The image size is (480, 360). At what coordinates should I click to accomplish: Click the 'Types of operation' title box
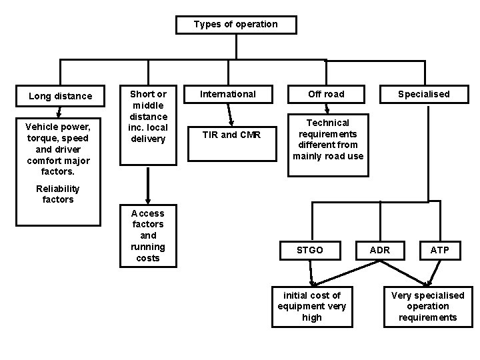[235, 25]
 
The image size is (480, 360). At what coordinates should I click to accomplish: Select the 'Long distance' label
[61, 96]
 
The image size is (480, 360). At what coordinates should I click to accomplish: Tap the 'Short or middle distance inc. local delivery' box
[148, 117]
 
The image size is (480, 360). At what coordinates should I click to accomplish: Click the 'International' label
[229, 94]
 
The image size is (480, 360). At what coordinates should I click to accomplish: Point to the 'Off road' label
[327, 94]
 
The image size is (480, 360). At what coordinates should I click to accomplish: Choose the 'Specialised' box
[423, 94]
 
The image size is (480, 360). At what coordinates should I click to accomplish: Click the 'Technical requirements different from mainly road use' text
[327, 139]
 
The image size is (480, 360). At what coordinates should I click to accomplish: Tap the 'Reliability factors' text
[57, 194]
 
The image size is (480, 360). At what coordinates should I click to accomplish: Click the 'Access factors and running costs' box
[148, 235]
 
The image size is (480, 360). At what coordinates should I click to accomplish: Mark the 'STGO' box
[310, 250]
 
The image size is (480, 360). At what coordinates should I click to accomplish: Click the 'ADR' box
[381, 250]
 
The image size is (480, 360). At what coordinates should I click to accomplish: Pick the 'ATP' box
[439, 250]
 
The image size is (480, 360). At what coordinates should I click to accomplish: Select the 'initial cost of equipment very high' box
[311, 306]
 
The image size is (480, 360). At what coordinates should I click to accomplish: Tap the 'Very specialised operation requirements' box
[427, 306]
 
